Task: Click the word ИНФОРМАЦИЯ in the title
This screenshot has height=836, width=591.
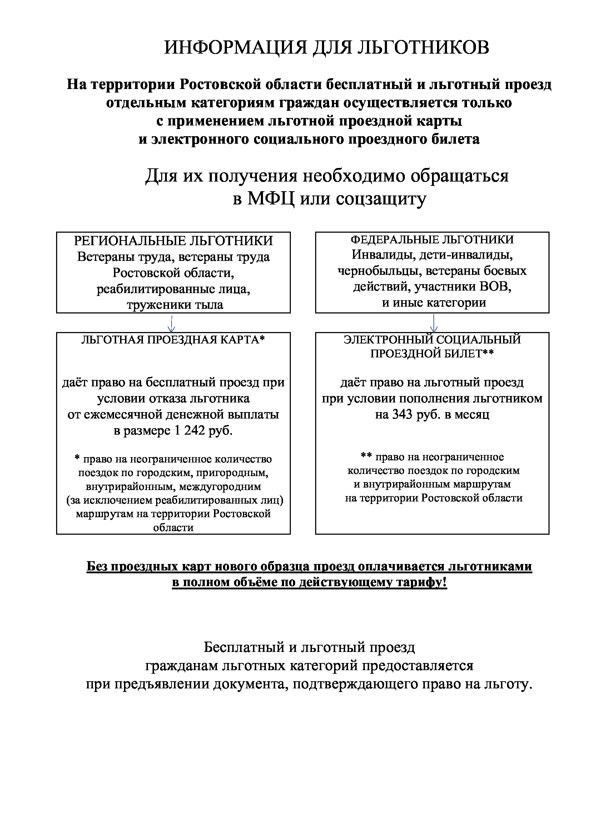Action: [235, 48]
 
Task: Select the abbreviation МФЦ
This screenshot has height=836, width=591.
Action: [271, 199]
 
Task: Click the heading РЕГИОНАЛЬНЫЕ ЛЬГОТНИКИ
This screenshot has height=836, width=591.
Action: [173, 241]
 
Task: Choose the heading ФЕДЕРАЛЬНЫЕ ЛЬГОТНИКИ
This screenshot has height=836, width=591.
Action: [432, 239]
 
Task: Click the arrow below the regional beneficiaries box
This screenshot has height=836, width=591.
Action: [172, 323]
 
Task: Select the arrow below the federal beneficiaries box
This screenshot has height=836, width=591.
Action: [433, 323]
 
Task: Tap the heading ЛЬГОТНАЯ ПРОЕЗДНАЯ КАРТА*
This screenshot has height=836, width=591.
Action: [173, 340]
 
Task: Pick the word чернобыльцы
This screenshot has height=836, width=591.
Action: [379, 271]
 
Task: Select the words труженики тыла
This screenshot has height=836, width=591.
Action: [175, 305]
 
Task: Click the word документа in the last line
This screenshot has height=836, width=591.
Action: [250, 684]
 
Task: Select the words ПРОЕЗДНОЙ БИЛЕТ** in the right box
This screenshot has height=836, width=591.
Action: [432, 353]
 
